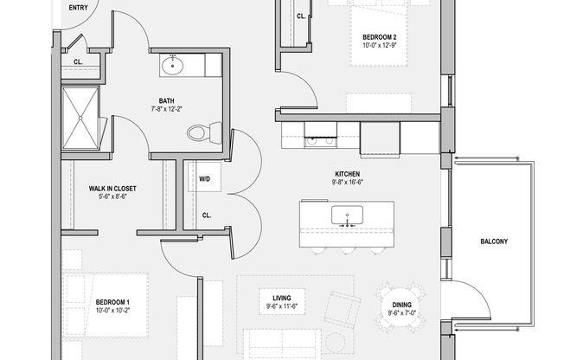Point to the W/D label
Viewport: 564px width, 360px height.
(x=206, y=180)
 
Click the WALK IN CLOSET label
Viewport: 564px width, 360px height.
(x=112, y=188)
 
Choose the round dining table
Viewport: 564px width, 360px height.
(x=400, y=307)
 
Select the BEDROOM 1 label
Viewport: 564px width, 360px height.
(x=113, y=301)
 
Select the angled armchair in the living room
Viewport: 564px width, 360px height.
(x=343, y=306)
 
